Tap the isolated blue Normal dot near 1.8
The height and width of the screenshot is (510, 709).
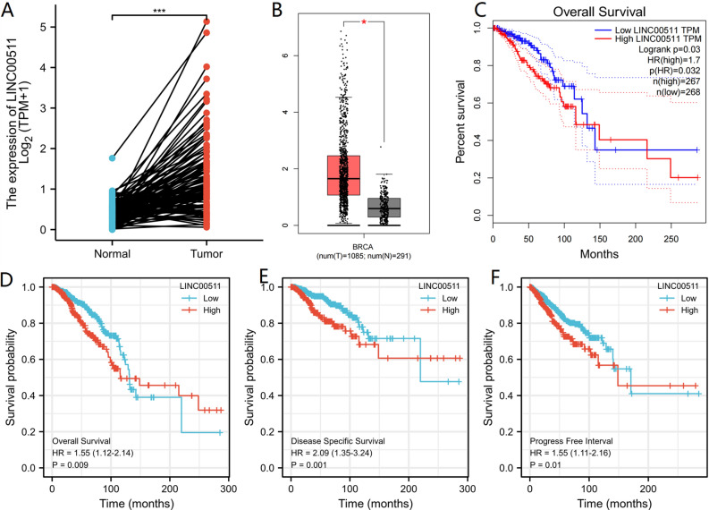click(113, 157)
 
